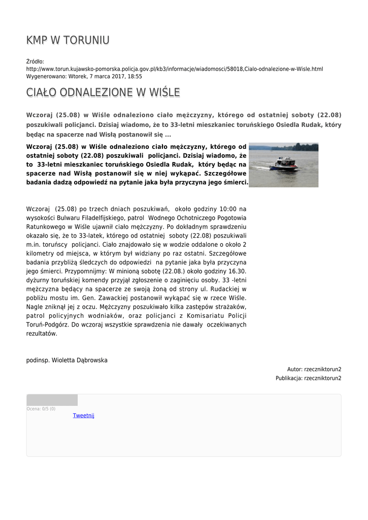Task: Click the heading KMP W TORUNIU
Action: tap(68, 41)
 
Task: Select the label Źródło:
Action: tap(35, 61)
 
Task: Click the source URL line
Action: tap(174, 69)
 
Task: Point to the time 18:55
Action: tap(135, 76)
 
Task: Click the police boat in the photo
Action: tap(283, 164)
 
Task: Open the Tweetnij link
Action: tap(84, 415)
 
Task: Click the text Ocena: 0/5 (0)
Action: tap(41, 409)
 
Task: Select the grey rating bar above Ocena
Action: tap(52, 400)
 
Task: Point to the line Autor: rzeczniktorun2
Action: tap(314, 369)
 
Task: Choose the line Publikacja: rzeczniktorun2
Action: tap(309, 378)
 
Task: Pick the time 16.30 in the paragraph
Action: tap(236, 271)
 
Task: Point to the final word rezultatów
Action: tap(42, 334)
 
